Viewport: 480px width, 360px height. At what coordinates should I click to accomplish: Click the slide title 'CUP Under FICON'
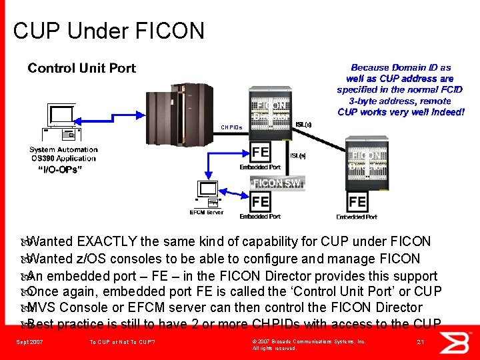(109, 31)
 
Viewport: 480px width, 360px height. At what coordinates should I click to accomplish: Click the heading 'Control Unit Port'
(81, 68)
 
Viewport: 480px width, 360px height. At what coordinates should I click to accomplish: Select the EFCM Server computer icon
(207, 194)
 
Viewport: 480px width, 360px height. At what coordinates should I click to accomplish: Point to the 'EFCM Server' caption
(207, 213)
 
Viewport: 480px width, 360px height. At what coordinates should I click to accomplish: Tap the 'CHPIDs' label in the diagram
(231, 127)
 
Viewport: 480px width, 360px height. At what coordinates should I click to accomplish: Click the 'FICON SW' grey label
(277, 183)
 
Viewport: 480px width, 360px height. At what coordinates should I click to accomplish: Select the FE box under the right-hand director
(357, 201)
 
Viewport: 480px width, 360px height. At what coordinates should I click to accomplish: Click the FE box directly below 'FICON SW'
(260, 201)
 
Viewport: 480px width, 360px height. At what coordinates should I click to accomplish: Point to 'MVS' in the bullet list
(43, 307)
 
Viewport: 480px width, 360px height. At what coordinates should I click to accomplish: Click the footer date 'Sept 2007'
(29, 342)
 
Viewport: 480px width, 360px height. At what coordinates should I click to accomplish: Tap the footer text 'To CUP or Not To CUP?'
(122, 342)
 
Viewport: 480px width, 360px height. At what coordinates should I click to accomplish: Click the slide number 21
(420, 342)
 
